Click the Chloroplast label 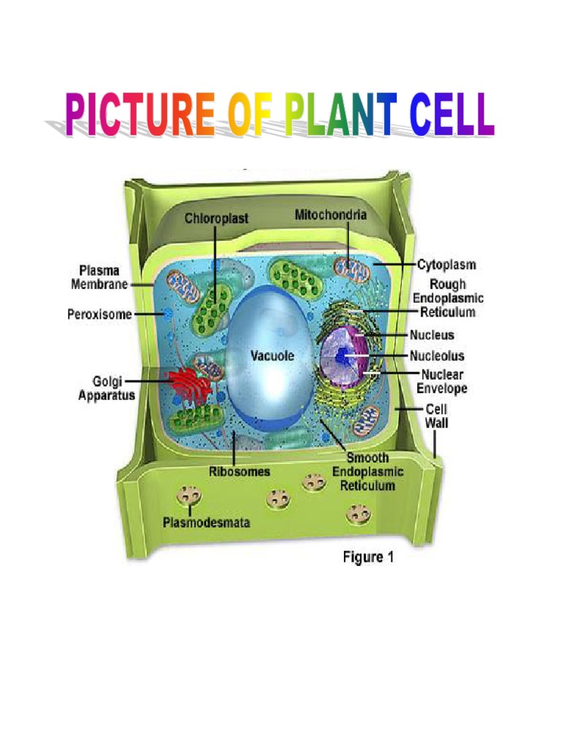tap(215, 217)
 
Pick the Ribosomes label tap(240, 471)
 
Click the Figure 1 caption tap(368, 557)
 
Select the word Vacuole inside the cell tap(272, 356)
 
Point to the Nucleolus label tap(437, 356)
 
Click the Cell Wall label tap(437, 416)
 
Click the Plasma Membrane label tap(100, 278)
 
